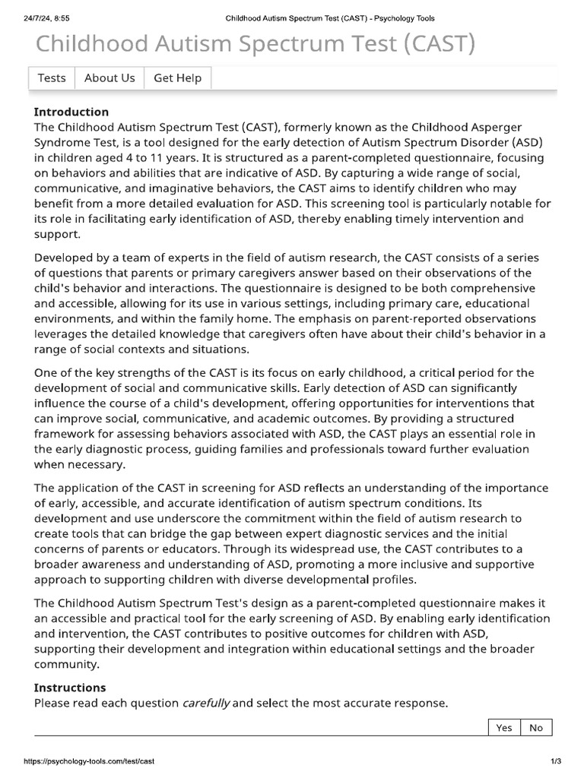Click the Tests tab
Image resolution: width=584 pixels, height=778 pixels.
tap(52, 78)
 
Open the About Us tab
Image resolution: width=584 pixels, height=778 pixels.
tap(109, 78)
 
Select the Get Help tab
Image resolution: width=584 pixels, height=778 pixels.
tap(178, 78)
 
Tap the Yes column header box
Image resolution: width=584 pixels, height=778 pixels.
tap(504, 728)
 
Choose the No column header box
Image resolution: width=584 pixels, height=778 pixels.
tap(536, 728)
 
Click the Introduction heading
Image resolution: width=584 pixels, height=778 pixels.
tap(71, 112)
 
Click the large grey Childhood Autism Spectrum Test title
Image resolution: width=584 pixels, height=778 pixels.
tap(255, 44)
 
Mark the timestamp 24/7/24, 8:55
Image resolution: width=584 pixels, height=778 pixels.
tap(47, 18)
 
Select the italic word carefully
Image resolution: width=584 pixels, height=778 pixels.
tap(206, 703)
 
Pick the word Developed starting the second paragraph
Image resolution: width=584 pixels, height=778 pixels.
tap(65, 258)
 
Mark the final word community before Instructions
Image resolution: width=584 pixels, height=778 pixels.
tap(67, 663)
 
